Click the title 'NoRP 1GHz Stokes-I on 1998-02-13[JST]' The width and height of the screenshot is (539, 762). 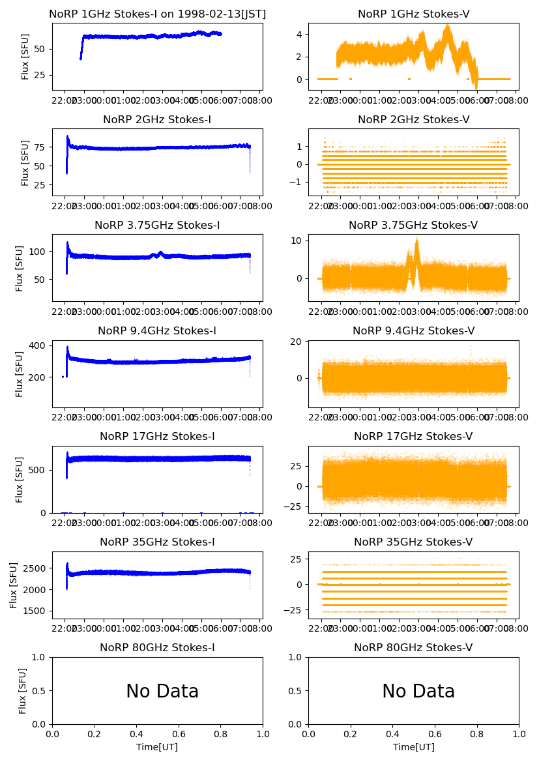click(157, 14)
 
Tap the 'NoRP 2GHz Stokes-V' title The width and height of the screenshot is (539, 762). click(413, 119)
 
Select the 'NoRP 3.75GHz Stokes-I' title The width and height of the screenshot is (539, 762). click(157, 225)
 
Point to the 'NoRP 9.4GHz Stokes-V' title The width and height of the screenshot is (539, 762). click(413, 330)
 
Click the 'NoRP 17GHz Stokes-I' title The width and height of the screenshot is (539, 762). click(157, 436)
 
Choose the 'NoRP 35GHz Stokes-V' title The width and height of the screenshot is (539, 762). click(413, 542)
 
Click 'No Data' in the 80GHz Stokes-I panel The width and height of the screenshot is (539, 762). click(162, 691)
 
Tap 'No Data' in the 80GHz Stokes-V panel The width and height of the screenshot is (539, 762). click(418, 691)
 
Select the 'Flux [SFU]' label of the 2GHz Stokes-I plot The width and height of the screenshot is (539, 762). click(25, 162)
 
